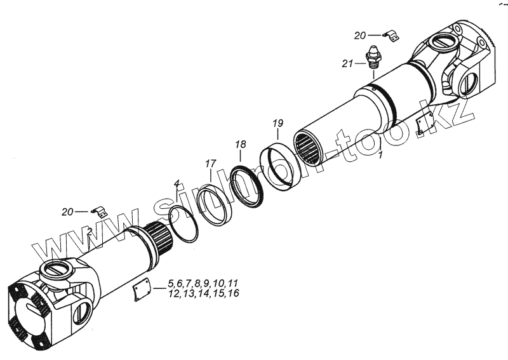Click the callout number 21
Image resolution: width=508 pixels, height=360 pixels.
(x=347, y=63)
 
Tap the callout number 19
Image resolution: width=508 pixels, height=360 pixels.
(x=277, y=123)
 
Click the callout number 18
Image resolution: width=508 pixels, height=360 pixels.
(x=240, y=145)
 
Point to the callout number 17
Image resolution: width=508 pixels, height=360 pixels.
(x=210, y=164)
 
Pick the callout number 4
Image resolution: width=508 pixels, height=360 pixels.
(x=177, y=184)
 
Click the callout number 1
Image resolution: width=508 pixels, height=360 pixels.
(x=380, y=155)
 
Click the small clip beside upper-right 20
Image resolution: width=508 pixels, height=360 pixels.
(x=389, y=37)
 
